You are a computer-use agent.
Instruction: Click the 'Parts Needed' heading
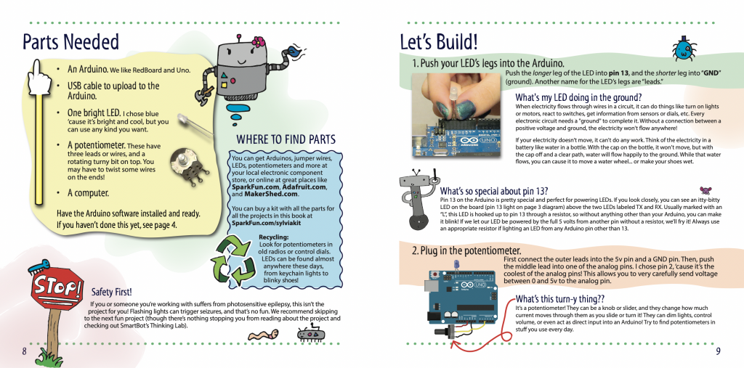click(x=70, y=41)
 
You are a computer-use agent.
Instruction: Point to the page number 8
click(x=24, y=351)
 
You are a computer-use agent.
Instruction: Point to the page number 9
click(x=718, y=351)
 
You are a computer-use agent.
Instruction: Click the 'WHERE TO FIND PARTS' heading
click(x=286, y=139)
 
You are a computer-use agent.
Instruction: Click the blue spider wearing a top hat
click(x=683, y=48)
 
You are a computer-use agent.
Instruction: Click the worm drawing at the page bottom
click(x=262, y=335)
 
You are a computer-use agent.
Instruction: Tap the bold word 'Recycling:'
click(x=274, y=237)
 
